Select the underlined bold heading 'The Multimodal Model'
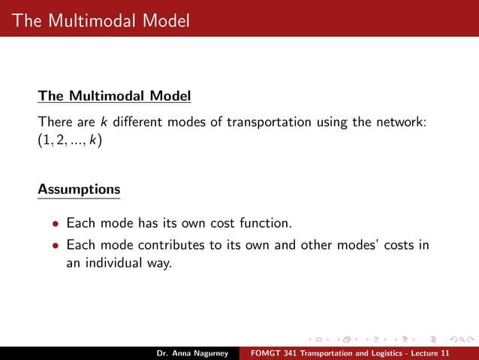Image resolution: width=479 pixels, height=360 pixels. tap(114, 96)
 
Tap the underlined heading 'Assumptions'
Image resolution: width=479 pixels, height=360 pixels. tap(79, 189)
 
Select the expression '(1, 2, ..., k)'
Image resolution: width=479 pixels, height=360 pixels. tap(70, 141)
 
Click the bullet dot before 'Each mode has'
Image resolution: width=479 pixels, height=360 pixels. tap(54, 224)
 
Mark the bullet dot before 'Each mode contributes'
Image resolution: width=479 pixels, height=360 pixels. tap(54, 246)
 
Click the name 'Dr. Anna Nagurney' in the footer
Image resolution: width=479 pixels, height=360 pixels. tap(193, 353)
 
